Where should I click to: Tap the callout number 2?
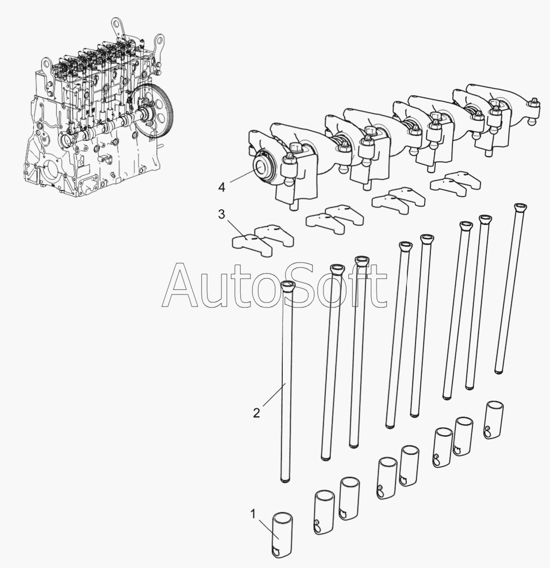256,413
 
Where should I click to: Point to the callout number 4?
222,187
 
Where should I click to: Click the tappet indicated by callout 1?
282,534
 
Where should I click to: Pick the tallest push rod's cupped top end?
520,207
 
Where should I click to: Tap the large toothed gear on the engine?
153,110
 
